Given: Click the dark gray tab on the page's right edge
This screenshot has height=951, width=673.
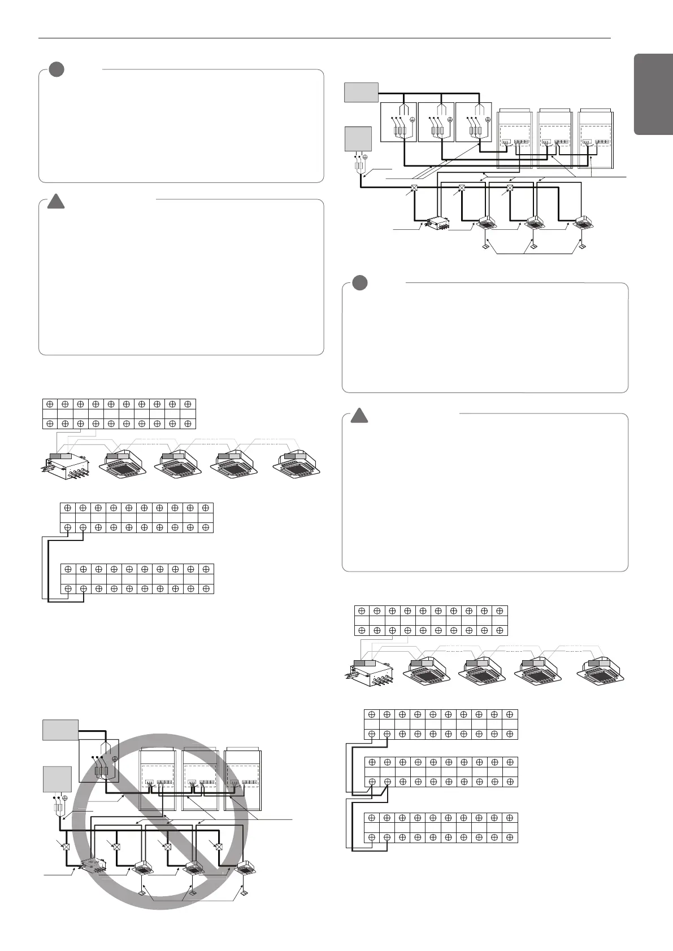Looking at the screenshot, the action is click(x=653, y=94).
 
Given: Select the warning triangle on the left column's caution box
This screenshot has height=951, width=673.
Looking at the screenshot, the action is click(x=55, y=200).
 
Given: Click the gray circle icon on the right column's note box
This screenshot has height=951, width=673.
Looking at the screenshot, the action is click(x=359, y=282).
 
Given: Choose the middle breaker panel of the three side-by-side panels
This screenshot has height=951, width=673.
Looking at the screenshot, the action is click(x=436, y=122).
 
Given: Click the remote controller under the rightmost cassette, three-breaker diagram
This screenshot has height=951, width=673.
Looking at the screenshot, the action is click(x=582, y=246).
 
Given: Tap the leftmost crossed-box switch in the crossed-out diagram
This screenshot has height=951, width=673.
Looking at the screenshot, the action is click(x=66, y=847).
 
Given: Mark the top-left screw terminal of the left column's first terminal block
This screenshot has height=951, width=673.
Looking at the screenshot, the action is click(x=50, y=404).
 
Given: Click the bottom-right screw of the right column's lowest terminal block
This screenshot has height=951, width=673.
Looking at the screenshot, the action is click(x=509, y=837).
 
